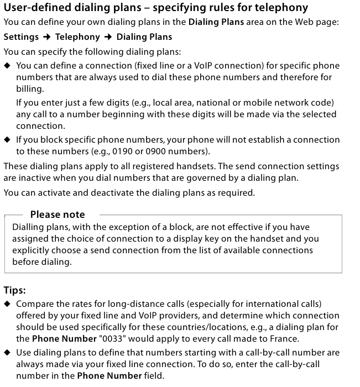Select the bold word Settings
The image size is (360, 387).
[x=21, y=37]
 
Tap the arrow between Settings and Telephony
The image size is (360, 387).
[x=47, y=37]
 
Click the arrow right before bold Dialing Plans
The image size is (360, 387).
[x=108, y=37]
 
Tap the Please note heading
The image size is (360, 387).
[x=58, y=215]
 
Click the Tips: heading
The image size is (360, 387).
[x=15, y=290]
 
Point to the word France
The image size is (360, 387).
[x=284, y=339]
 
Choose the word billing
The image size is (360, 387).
[x=29, y=89]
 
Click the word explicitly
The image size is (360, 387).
[x=32, y=250]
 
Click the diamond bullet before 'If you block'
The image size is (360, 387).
[x=7, y=140]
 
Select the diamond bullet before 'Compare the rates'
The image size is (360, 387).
[x=7, y=304]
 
